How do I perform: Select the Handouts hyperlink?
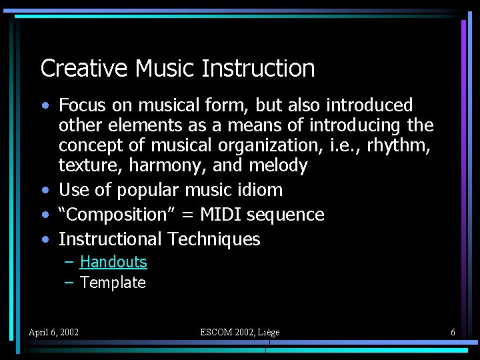pyautogui.click(x=113, y=262)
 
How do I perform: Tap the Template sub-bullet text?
pyautogui.click(x=113, y=283)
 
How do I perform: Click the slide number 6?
pyautogui.click(x=453, y=332)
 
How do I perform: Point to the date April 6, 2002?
pyautogui.click(x=53, y=332)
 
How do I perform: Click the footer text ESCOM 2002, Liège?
pyautogui.click(x=240, y=332)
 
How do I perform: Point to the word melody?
pyautogui.click(x=278, y=165)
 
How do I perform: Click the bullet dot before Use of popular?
pyautogui.click(x=44, y=190)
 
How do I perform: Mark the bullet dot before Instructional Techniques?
pyautogui.click(x=44, y=239)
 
